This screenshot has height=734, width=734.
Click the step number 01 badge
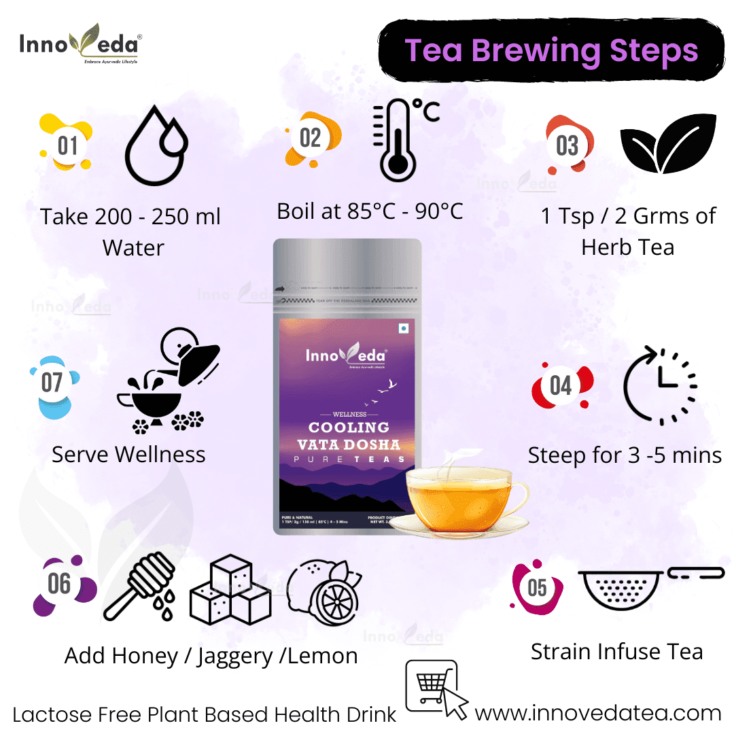(67, 145)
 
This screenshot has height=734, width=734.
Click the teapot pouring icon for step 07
(170, 381)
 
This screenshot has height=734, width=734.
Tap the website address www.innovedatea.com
(597, 713)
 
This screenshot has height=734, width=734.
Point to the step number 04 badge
(561, 385)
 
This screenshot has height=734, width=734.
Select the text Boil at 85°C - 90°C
(370, 211)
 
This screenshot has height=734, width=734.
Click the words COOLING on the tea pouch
(349, 427)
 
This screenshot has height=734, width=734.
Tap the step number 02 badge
(310, 138)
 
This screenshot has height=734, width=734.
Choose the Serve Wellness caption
(128, 454)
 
